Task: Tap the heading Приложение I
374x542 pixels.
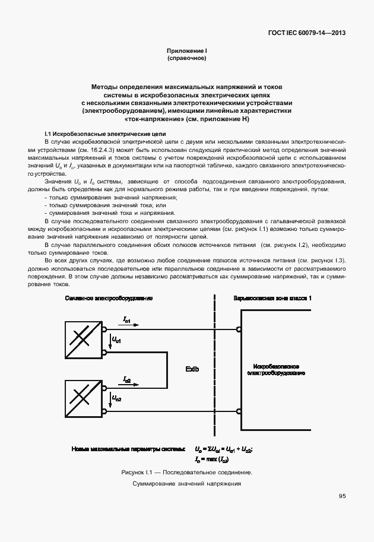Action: click(x=187, y=52)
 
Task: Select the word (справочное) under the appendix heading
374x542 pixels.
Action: click(x=187, y=59)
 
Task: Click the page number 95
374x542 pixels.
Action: click(x=342, y=496)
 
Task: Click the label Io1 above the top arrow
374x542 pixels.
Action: click(x=128, y=320)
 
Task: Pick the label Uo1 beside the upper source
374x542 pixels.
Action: click(x=116, y=340)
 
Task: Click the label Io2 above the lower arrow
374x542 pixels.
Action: click(x=128, y=379)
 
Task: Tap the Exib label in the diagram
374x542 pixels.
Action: click(x=192, y=369)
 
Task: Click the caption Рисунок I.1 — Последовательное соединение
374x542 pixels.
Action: click(x=187, y=473)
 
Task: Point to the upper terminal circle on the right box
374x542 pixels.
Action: click(x=239, y=329)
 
